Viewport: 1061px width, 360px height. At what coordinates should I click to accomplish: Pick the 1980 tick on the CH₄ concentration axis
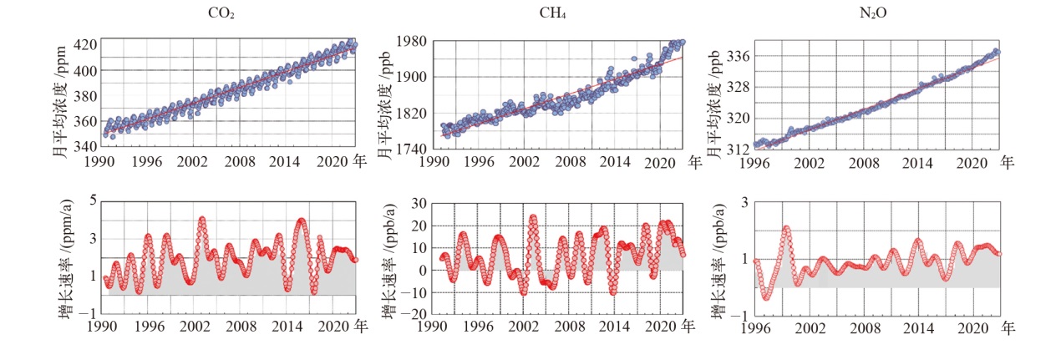tap(411, 41)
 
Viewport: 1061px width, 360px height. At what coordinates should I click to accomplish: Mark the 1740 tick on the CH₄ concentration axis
tap(411, 149)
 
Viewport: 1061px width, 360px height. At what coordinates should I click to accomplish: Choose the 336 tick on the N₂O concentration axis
tap(738, 56)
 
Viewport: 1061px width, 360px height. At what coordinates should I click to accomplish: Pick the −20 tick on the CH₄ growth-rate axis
tap(415, 315)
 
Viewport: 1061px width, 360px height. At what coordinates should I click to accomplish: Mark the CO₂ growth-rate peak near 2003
tap(202, 220)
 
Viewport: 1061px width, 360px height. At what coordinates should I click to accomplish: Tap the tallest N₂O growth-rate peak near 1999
tap(786, 228)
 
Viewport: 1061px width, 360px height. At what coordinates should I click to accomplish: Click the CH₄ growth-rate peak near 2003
tap(533, 217)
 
